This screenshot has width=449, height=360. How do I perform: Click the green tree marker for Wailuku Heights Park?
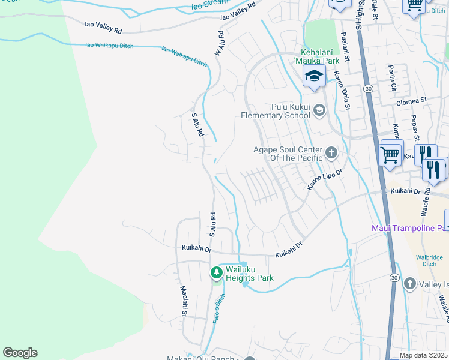217,273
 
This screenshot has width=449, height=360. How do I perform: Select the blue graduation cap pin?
313,77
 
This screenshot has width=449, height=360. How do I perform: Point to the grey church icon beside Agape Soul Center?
330,153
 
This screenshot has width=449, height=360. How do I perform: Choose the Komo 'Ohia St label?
342,91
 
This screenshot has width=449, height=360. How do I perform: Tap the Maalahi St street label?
184,301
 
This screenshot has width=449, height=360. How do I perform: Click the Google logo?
20,353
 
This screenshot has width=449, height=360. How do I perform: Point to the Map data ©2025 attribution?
423,355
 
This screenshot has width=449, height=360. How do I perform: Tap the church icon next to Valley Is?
409,283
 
